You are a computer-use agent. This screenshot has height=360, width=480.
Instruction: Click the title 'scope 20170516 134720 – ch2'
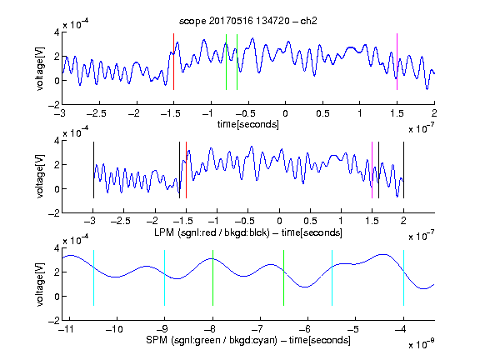tap(248, 21)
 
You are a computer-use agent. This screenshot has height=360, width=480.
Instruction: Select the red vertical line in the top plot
tap(173, 62)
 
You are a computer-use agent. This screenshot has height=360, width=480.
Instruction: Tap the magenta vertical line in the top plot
tap(397, 62)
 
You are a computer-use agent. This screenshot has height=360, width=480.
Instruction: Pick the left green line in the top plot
tap(226, 62)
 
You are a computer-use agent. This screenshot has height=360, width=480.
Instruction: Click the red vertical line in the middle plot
tap(186, 170)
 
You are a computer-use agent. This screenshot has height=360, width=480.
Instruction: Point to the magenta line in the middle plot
tap(372, 170)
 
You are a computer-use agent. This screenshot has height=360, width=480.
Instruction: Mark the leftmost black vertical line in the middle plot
tap(93, 170)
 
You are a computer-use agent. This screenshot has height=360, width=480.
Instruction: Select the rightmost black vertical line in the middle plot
tap(403, 170)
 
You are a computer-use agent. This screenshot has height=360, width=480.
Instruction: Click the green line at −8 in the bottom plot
tap(212, 277)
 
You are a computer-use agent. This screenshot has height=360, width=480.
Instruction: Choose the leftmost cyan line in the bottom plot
tap(93, 277)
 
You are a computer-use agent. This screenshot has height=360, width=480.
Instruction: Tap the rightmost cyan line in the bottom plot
tap(403, 277)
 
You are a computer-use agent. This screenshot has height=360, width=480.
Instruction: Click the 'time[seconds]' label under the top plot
tap(248, 124)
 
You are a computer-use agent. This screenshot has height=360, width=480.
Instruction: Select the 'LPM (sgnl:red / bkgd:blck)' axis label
tap(212, 232)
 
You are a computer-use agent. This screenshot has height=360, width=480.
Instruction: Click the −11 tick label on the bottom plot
tap(67, 329)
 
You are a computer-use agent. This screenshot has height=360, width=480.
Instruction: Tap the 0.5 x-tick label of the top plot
tap(322, 113)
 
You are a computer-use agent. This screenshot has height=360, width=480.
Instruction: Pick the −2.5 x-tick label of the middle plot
tap(121, 221)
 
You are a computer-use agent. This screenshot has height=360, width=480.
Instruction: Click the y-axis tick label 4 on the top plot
tap(57, 32)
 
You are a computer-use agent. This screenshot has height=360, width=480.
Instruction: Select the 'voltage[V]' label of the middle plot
tap(40, 176)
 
